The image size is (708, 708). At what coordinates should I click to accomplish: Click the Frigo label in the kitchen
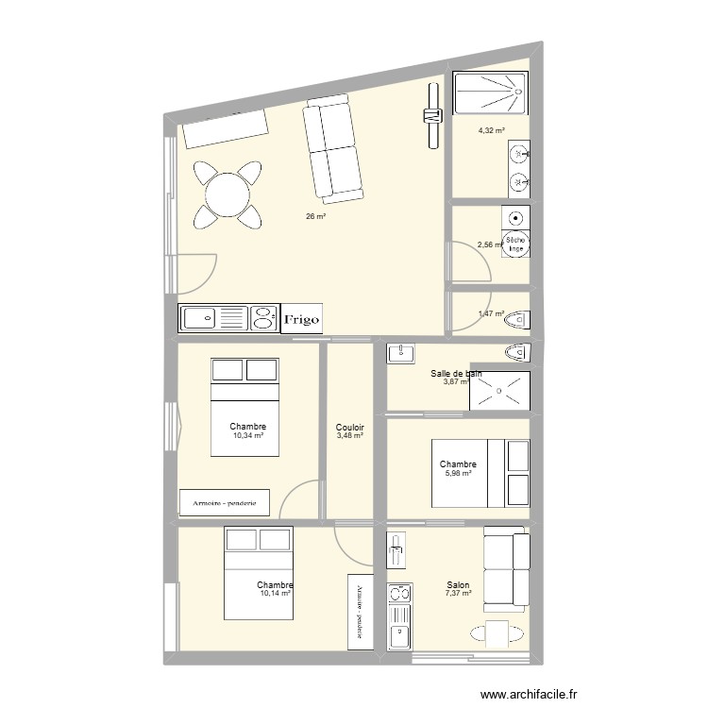click(303, 319)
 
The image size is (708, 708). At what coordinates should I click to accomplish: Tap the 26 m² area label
click(314, 216)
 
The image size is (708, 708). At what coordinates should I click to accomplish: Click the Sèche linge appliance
click(515, 245)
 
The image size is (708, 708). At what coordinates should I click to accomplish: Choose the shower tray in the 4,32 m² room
click(491, 94)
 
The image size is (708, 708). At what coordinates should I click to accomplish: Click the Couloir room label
click(349, 428)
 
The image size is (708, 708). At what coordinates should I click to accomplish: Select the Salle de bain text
click(456, 374)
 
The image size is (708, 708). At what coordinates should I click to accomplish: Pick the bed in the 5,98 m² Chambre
click(480, 472)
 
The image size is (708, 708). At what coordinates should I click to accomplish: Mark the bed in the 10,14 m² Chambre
click(258, 573)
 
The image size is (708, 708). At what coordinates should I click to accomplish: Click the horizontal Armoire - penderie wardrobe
click(225, 502)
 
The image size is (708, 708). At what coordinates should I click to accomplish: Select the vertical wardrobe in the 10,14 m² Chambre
click(360, 611)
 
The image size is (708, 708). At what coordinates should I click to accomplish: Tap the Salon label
click(460, 585)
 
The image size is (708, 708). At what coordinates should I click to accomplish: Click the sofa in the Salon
click(506, 565)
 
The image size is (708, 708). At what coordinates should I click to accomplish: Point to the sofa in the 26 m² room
click(332, 151)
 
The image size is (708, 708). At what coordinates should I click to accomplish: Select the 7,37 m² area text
click(460, 597)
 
